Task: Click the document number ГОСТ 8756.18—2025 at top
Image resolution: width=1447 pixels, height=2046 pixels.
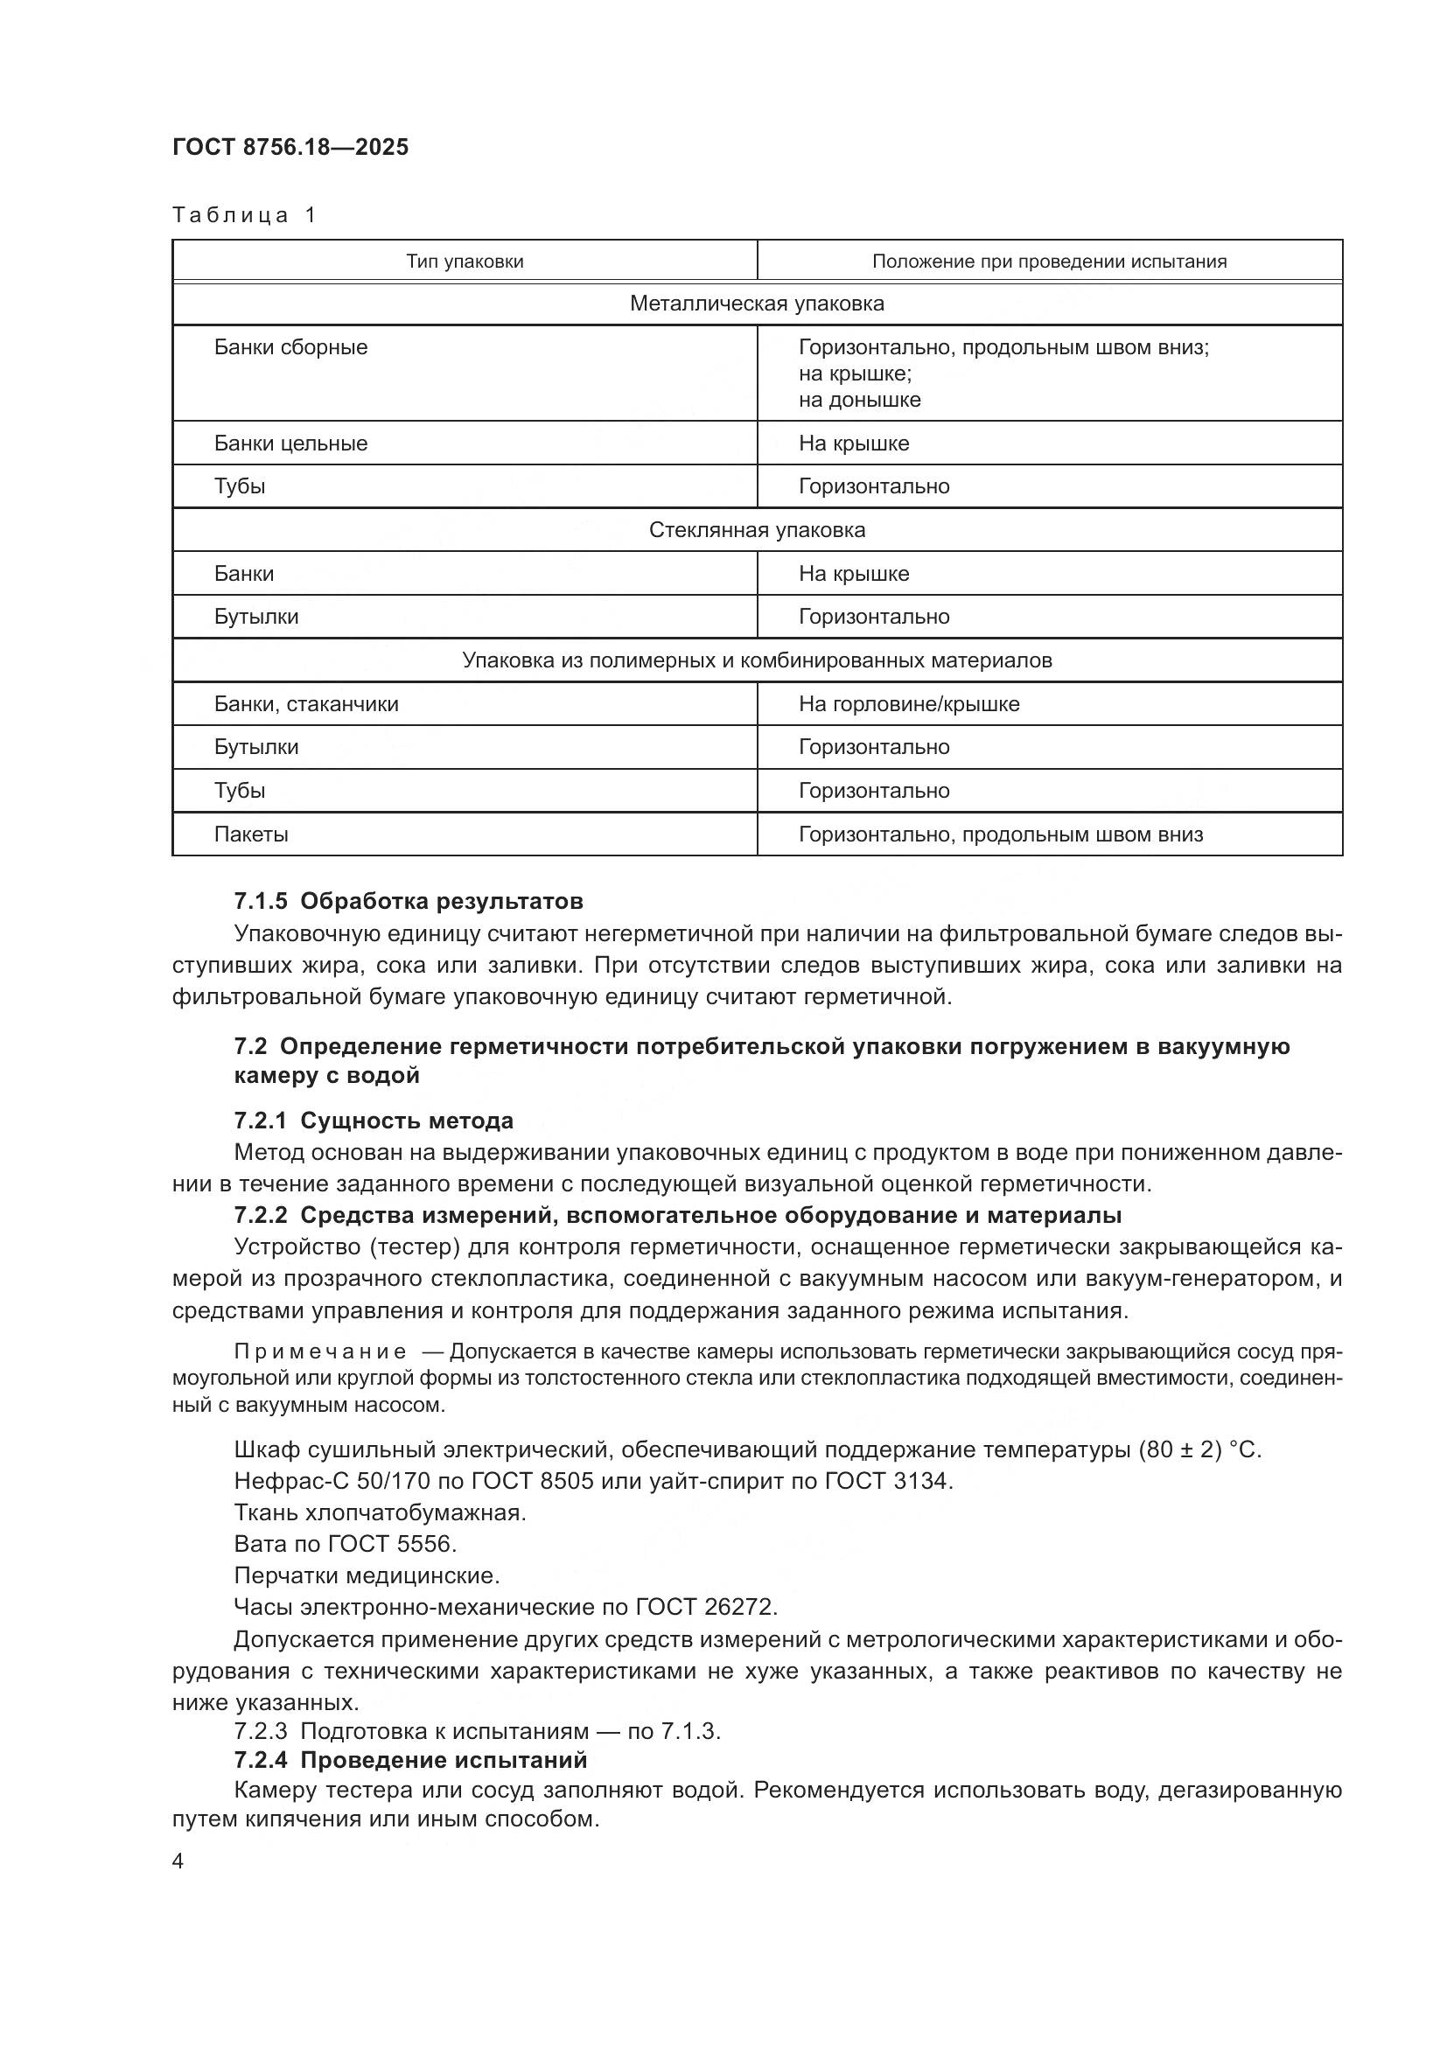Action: click(x=290, y=147)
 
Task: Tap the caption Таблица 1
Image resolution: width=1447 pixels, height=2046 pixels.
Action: click(x=244, y=215)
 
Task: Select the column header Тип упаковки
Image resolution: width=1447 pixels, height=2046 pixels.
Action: click(x=465, y=261)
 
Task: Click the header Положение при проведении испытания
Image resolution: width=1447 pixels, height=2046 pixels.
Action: click(x=1049, y=261)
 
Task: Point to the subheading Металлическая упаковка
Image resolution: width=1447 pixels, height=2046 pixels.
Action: click(x=757, y=304)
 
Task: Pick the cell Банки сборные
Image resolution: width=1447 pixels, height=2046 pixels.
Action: click(x=290, y=347)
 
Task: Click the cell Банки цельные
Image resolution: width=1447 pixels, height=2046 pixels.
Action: click(x=290, y=443)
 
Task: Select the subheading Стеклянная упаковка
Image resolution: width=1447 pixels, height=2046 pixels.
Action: click(x=757, y=530)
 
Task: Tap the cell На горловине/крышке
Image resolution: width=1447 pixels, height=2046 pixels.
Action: click(x=909, y=704)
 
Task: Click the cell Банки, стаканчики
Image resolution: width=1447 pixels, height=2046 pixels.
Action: click(x=305, y=704)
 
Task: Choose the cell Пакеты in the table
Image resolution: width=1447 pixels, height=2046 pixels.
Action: click(x=250, y=835)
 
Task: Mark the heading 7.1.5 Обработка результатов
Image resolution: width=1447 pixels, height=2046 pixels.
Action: click(x=408, y=901)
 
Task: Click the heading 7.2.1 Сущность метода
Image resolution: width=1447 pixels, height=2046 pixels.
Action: click(x=374, y=1121)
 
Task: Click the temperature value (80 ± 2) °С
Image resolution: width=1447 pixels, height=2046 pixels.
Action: click(x=1199, y=1449)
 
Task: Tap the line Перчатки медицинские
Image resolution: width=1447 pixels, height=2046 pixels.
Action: click(x=367, y=1575)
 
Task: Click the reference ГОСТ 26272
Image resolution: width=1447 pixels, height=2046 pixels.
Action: click(x=706, y=1607)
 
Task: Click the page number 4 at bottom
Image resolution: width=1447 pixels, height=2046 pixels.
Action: click(x=178, y=1861)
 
